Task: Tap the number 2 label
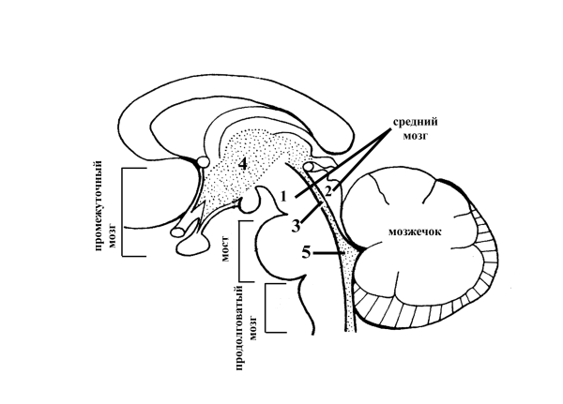pyautogui.click(x=327, y=190)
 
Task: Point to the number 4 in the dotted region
pyautogui.click(x=242, y=164)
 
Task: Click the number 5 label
pyautogui.click(x=305, y=251)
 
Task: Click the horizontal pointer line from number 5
pyautogui.click(x=328, y=251)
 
